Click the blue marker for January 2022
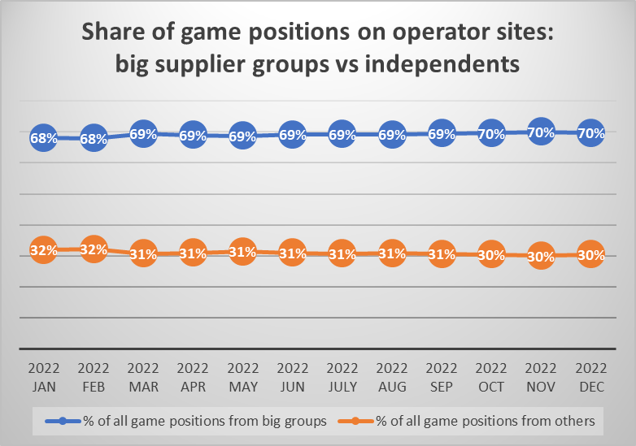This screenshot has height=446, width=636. [44, 138]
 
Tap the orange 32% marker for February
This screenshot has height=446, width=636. [94, 249]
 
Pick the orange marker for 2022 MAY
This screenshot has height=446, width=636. [242, 253]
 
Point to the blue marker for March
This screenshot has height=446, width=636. [143, 134]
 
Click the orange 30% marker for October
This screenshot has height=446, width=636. [490, 254]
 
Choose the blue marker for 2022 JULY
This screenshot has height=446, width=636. [342, 134]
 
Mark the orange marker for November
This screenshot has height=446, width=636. [540, 257]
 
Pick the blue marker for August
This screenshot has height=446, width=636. [391, 134]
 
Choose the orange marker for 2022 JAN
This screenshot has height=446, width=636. [44, 249]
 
